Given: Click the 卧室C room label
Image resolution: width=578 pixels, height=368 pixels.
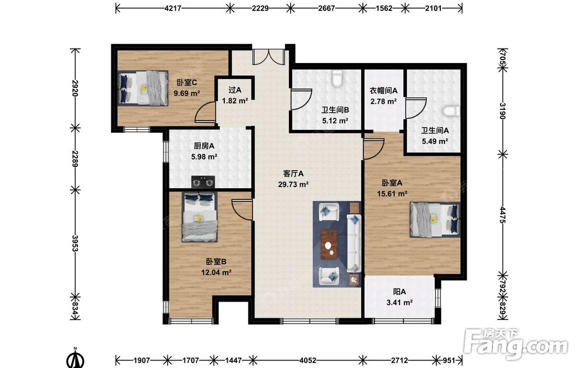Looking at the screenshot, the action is pyautogui.click(x=187, y=83).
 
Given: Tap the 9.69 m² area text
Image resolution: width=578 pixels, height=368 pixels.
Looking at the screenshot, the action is pyautogui.click(x=187, y=93).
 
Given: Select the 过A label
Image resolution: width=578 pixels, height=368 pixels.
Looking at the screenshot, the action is pyautogui.click(x=235, y=90).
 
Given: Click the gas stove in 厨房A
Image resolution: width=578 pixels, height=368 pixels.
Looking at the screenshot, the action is pyautogui.click(x=203, y=182).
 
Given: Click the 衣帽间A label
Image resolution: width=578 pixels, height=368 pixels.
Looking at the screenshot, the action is pyautogui.click(x=383, y=90).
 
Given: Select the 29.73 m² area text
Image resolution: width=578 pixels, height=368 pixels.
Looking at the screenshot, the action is pyautogui.click(x=293, y=184).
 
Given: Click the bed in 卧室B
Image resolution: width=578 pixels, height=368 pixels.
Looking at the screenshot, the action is pyautogui.click(x=199, y=217).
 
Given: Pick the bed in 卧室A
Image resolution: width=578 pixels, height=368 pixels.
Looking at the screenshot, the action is pyautogui.click(x=435, y=219).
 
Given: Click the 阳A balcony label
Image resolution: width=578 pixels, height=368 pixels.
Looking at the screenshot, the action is pyautogui.click(x=399, y=292).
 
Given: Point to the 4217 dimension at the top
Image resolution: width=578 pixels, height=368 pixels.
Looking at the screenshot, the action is pyautogui.click(x=172, y=8).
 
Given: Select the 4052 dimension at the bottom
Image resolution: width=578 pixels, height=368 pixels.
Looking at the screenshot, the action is pyautogui.click(x=307, y=360).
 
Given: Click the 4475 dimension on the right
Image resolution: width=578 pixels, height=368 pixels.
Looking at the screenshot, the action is pyautogui.click(x=503, y=215).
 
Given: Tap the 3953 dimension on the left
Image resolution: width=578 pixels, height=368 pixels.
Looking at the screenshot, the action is pyautogui.click(x=75, y=243).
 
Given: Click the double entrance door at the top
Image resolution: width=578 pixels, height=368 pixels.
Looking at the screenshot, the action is pyautogui.click(x=268, y=57).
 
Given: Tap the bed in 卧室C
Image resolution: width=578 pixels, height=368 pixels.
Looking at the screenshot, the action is pyautogui.click(x=143, y=88).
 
